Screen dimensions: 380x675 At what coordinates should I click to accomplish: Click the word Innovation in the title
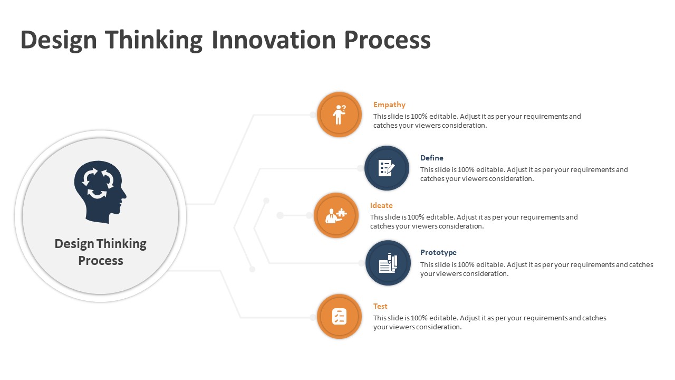274,40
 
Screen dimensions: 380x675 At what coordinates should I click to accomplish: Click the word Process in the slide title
387,40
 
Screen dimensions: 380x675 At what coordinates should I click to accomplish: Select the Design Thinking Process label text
100,252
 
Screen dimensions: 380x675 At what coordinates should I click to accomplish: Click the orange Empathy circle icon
339,115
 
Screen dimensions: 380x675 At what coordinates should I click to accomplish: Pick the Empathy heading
389,104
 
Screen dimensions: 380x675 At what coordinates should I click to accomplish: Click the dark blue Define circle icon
387,168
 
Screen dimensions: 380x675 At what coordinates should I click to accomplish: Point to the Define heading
431,158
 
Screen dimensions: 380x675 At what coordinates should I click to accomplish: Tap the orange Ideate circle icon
336,215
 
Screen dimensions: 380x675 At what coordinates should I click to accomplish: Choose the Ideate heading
381,205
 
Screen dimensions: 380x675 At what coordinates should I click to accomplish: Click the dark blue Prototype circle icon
388,263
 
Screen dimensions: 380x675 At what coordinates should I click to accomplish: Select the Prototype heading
438,252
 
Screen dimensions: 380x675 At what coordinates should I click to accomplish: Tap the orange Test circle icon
339,316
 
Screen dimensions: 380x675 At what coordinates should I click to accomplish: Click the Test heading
380,306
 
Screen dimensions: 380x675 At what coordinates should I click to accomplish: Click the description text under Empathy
477,121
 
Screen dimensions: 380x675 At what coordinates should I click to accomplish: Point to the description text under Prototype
536,269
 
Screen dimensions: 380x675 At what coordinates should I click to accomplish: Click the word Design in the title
59,40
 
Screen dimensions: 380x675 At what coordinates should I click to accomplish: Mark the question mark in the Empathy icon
344,108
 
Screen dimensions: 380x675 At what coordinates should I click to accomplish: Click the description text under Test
489,322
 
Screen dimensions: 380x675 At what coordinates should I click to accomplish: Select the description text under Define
524,174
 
